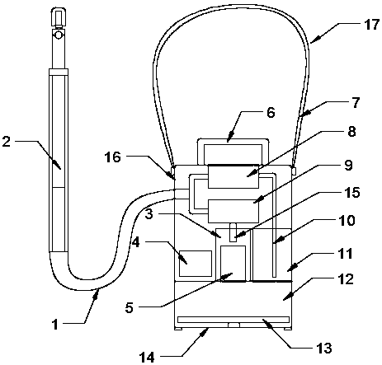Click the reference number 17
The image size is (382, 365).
click(x=371, y=25)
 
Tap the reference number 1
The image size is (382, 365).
click(x=55, y=325)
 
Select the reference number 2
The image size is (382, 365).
click(x=7, y=142)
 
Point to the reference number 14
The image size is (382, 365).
click(x=147, y=358)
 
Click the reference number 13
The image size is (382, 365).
click(x=324, y=349)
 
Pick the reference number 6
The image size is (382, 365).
click(x=271, y=113)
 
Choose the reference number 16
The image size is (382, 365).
click(x=113, y=157)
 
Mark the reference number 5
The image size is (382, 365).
click(x=130, y=307)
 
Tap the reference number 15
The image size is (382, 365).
click(x=352, y=193)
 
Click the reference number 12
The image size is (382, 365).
click(x=346, y=280)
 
